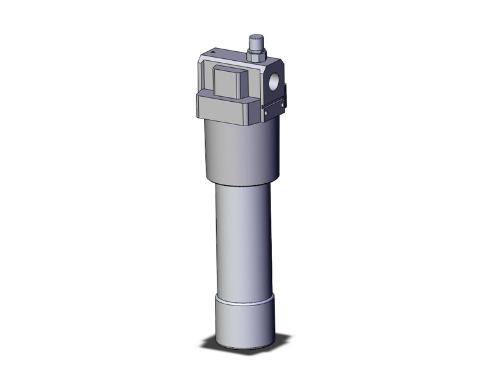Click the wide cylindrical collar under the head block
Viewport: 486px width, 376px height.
click(x=241, y=151)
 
